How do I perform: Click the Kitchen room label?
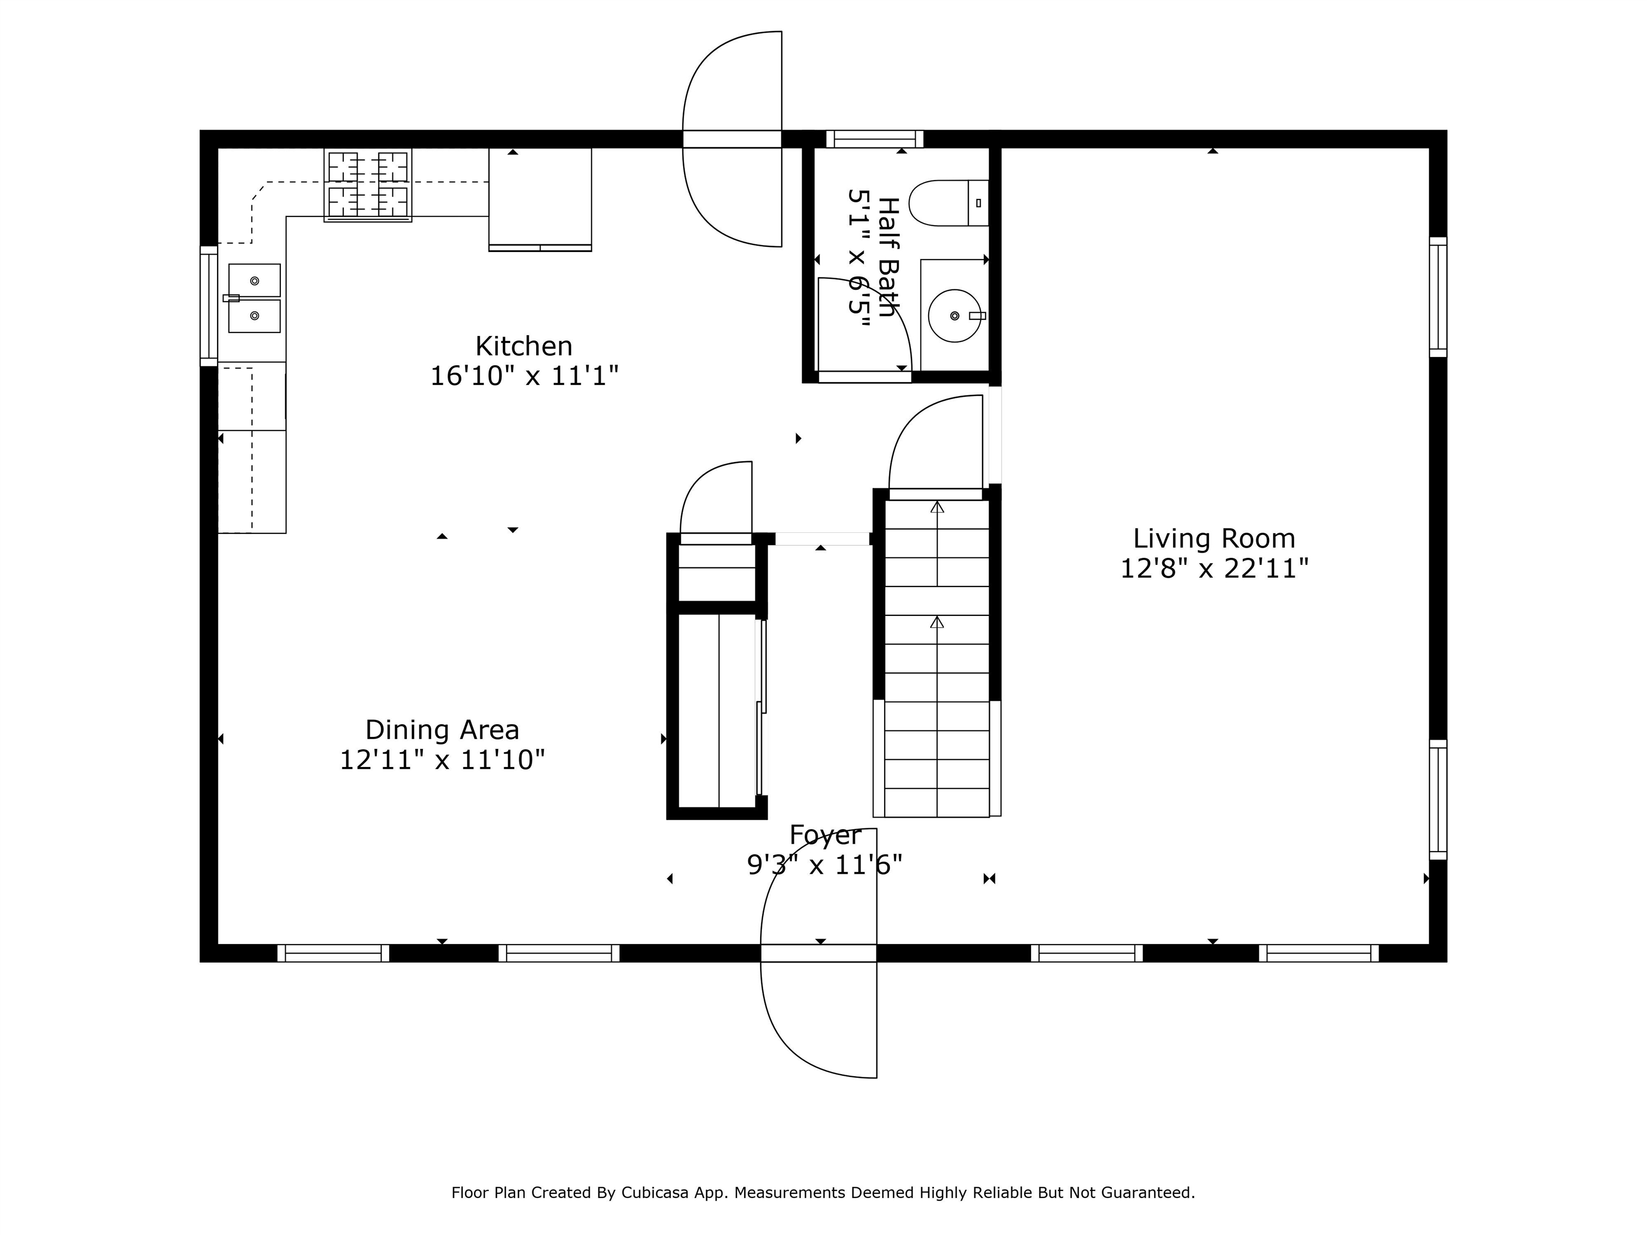tap(523, 346)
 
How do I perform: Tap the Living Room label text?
tap(1214, 538)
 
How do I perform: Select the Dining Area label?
tap(442, 730)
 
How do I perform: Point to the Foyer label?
tap(825, 835)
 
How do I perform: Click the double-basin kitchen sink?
tap(254, 298)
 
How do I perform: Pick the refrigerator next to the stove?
tap(540, 199)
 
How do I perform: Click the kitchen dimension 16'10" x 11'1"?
tap(524, 376)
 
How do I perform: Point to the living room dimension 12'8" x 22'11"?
tap(1214, 569)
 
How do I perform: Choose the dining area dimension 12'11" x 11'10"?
tap(442, 760)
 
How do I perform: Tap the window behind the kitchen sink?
tap(209, 306)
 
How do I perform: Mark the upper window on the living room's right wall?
tap(1438, 297)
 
